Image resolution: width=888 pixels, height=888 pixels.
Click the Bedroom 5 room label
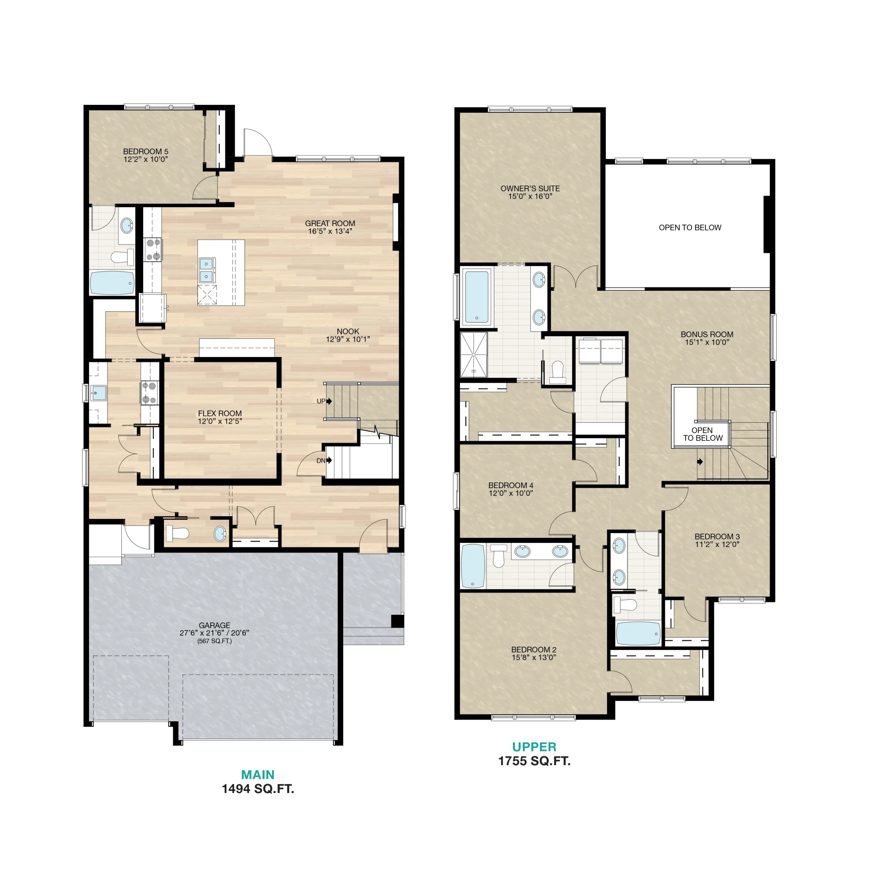coord(146,151)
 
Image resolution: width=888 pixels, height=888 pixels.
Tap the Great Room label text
coord(330,223)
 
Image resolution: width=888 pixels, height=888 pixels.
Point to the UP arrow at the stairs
coord(329,401)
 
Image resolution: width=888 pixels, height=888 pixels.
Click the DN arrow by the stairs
coord(329,461)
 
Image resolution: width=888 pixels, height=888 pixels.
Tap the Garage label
coord(215,625)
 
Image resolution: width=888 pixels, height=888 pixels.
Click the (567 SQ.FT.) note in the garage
coord(215,641)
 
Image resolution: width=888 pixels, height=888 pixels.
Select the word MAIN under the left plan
coord(258,775)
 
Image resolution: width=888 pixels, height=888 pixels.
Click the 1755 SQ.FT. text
coord(535,761)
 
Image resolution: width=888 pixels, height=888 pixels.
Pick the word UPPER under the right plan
coord(535,747)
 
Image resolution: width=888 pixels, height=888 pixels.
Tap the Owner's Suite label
coord(530,188)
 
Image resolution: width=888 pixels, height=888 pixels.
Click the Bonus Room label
coord(707,334)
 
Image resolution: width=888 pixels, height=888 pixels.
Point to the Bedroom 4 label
coord(511,485)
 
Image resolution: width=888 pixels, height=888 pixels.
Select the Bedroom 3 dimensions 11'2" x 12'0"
coord(717,544)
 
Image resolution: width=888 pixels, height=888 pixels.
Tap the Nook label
coord(348,331)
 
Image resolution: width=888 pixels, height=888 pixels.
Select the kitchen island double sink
coord(207,270)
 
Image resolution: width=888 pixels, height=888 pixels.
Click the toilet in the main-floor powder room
coord(177,533)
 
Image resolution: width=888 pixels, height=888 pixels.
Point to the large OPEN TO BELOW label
coord(690,228)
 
